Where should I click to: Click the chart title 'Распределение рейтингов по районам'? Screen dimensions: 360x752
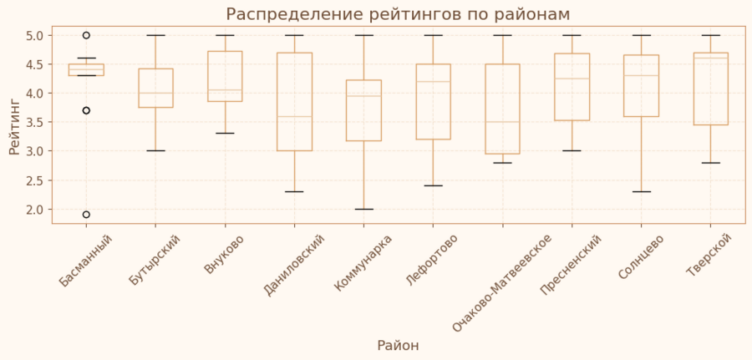pyautogui.click(x=398, y=14)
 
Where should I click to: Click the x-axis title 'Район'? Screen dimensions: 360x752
pyautogui.click(x=398, y=346)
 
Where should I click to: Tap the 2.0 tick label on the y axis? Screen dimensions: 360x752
pyautogui.click(x=34, y=209)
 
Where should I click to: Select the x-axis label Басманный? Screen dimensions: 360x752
pyautogui.click(x=87, y=261)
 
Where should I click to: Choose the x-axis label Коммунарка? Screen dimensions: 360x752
pyautogui.click(x=364, y=262)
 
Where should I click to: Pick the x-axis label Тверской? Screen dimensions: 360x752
pyautogui.click(x=710, y=255)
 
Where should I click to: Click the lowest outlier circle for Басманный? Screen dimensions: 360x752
pyautogui.click(x=86, y=215)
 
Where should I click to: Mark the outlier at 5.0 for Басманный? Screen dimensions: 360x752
pyautogui.click(x=86, y=35)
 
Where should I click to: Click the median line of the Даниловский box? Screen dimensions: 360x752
pyautogui.click(x=294, y=116)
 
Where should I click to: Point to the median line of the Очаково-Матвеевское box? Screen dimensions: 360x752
pyautogui.click(x=502, y=122)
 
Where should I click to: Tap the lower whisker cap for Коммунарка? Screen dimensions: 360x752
pyautogui.click(x=363, y=209)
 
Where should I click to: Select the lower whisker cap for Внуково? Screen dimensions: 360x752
pyautogui.click(x=225, y=134)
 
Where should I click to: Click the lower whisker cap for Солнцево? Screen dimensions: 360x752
pyautogui.click(x=641, y=191)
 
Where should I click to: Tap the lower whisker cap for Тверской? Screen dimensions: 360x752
pyautogui.click(x=710, y=163)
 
